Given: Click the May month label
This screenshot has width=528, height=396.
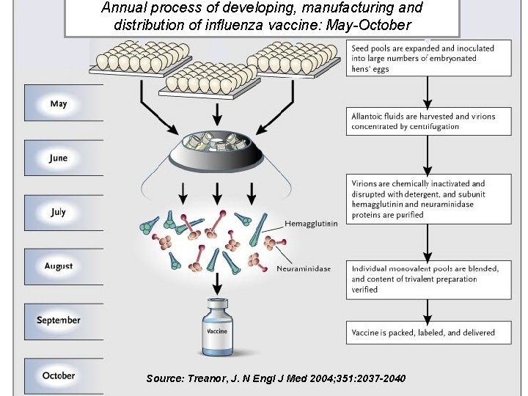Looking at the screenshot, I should click(59, 103).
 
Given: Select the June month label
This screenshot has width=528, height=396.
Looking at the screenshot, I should click(59, 158).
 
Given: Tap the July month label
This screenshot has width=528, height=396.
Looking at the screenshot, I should click(59, 212).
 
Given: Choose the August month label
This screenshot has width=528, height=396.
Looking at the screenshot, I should click(59, 266).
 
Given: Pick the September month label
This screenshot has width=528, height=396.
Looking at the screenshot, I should click(59, 320).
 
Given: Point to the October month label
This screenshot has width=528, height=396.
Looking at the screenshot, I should click(59, 375).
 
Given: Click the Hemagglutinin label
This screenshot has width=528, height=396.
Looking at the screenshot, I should click(311, 224).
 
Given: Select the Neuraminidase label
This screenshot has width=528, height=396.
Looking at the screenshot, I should click(304, 268).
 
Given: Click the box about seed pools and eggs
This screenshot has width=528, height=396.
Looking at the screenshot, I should click(428, 58).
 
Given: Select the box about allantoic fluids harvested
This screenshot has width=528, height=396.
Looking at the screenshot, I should click(428, 121).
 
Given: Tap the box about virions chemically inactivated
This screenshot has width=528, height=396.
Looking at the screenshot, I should click(428, 199).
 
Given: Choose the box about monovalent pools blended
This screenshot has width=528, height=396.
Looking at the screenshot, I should click(428, 279).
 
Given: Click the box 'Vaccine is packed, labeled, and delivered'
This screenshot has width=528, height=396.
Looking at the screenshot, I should click(428, 332).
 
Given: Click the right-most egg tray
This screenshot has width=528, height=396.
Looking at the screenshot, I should click(293, 59).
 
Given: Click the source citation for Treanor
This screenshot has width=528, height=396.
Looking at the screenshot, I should click(275, 378).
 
